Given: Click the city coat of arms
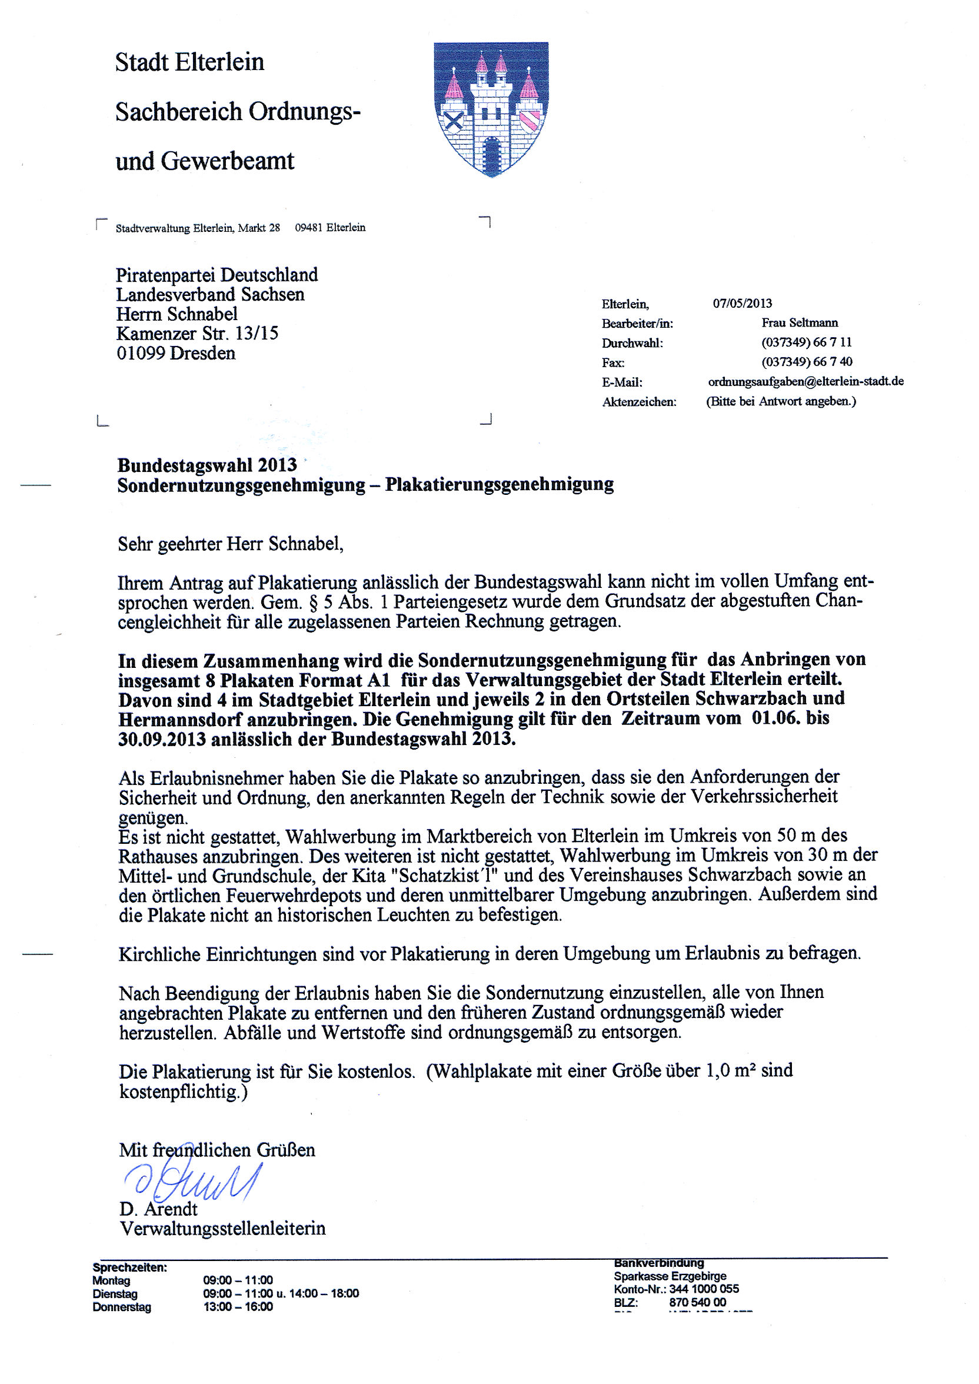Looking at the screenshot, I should click(491, 108).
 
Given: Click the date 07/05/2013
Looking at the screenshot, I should click(742, 303).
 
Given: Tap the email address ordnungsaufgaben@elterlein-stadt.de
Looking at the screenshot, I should click(805, 381).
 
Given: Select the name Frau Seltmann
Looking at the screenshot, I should click(800, 322).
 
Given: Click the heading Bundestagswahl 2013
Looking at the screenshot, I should click(207, 465).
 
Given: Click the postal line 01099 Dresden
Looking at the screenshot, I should click(176, 353).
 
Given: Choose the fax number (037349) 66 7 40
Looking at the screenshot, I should click(807, 362).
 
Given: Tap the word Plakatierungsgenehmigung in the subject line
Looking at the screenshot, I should click(499, 485).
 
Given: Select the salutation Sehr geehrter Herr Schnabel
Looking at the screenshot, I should click(230, 544).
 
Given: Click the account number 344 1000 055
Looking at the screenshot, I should click(704, 1289).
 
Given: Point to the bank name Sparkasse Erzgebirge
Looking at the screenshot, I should click(670, 1276).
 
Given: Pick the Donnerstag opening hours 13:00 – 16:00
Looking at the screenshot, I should click(238, 1306).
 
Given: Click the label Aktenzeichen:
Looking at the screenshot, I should click(639, 402).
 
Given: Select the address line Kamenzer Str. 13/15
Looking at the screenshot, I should click(197, 333).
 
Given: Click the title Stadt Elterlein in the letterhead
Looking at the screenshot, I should click(189, 62).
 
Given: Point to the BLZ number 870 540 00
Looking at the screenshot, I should click(697, 1302).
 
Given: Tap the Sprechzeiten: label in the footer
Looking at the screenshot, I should click(129, 1267).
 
